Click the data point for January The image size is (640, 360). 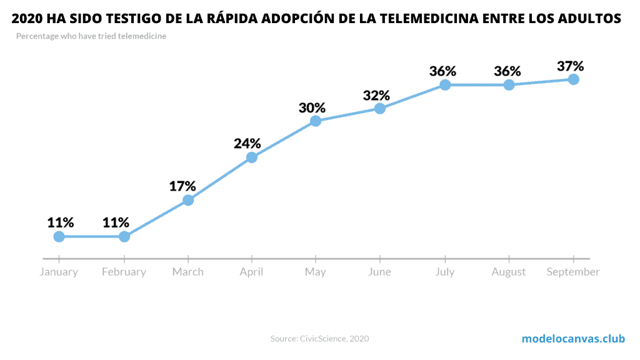coord(59,236)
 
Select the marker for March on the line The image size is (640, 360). coord(188,200)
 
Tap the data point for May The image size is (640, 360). coord(316,121)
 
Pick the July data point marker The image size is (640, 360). coord(445,84)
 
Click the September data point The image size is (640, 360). coord(573,79)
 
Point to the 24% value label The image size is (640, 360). coord(247,143)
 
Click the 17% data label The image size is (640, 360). coord(182,186)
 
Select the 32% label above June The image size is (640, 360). coord(376,96)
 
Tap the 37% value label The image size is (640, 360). coord(570,66)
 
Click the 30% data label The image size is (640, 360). coord(312,107)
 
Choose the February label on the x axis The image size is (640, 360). coord(124,272)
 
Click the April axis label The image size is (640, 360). coord(251,272)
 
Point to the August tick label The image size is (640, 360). coord(509,272)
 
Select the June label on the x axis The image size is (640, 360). coord(379,272)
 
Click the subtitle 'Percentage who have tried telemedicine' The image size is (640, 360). coord(91,36)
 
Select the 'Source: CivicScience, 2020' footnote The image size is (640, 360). coord(319,339)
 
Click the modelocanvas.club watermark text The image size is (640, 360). coord(573,339)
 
